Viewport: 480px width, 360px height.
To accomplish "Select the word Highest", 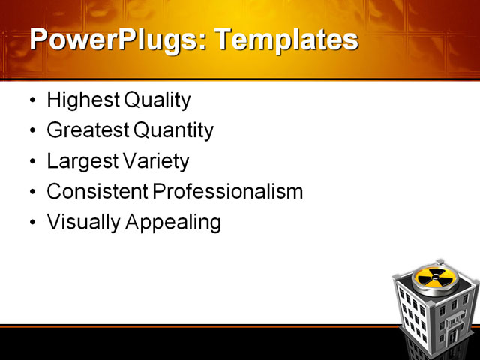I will (x=78, y=100).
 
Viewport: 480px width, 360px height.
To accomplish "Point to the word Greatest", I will (x=88, y=131).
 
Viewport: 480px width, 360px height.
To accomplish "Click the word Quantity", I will (x=173, y=131).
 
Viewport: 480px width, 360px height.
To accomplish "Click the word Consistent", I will (x=97, y=192).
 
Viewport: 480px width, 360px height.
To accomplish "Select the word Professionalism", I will (x=228, y=192).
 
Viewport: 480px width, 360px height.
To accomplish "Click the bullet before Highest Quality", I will (x=31, y=100).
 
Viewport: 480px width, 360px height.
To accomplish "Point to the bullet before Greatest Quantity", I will (x=31, y=131).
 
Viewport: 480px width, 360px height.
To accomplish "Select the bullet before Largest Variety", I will (x=31, y=162).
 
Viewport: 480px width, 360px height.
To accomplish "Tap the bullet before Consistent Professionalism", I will (x=31, y=193).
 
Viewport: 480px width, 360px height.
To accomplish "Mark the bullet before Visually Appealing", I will (x=31, y=223).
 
